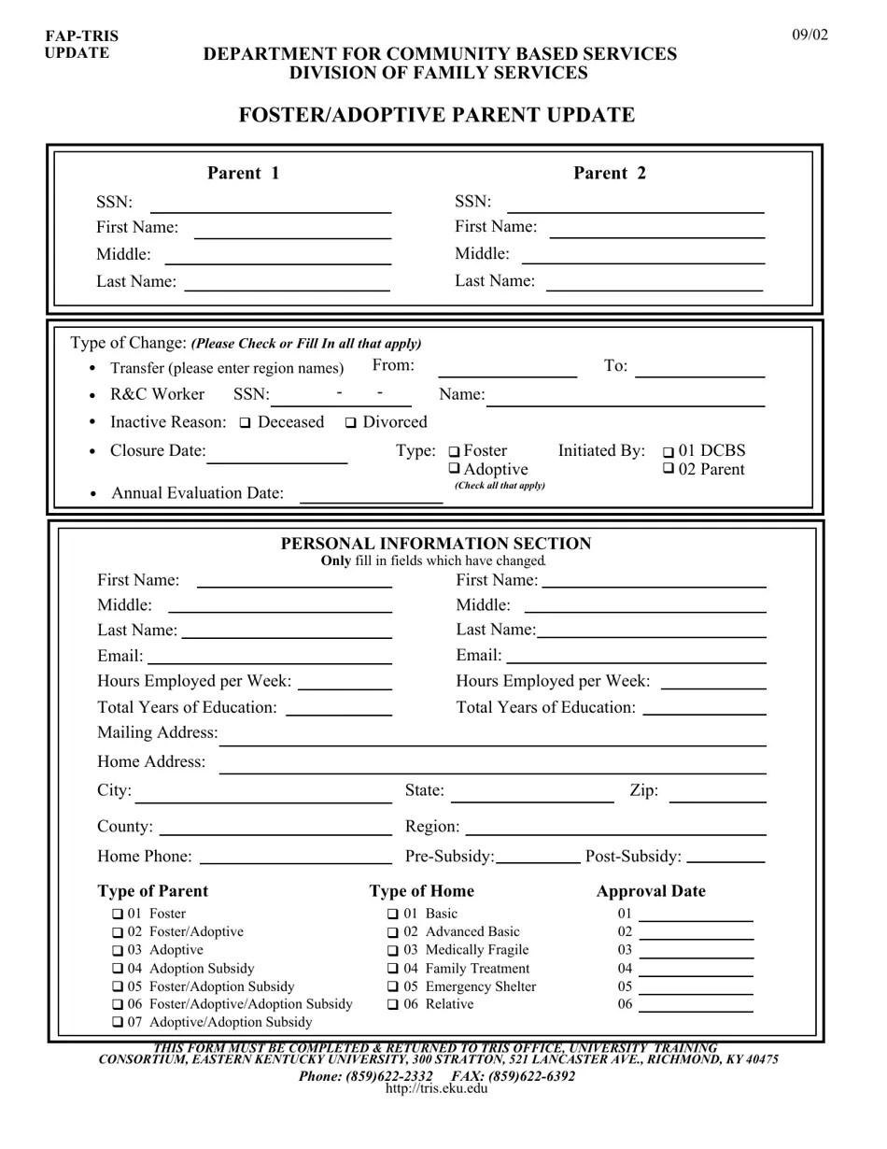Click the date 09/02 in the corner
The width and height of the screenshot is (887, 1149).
tap(810, 35)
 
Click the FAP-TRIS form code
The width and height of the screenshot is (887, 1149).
tap(81, 36)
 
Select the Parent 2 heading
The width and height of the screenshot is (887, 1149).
tap(609, 173)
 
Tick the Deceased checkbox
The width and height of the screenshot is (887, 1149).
tap(246, 423)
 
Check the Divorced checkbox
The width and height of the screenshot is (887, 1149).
tap(351, 423)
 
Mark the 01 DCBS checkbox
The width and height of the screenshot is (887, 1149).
tap(668, 452)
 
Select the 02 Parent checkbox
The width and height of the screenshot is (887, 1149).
tap(668, 469)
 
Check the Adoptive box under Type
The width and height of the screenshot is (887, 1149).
tap(455, 469)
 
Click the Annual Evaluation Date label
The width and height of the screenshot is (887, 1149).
tap(197, 493)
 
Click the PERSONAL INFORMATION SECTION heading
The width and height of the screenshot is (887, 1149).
tap(436, 544)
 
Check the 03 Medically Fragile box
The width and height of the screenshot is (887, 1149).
tap(393, 950)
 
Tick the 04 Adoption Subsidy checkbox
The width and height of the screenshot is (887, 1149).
tap(118, 969)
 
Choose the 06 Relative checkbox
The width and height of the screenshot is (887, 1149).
tap(393, 1004)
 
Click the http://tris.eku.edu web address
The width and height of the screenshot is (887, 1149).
tap(436, 1088)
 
